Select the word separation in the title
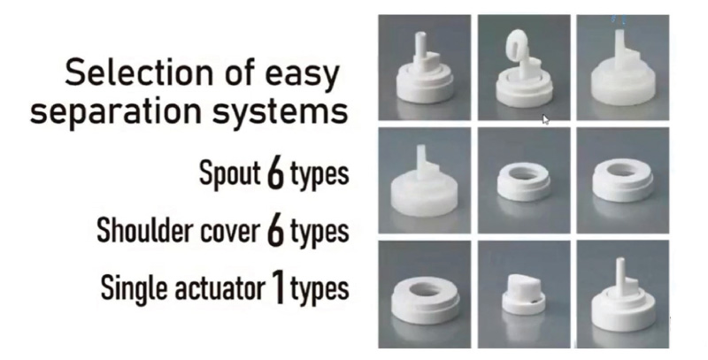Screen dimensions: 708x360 116,111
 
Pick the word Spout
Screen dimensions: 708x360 230,172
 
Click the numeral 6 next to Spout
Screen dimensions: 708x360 275,172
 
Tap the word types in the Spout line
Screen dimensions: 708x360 319,174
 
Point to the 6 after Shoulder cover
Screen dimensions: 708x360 275,231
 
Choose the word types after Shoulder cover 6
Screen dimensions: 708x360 319,233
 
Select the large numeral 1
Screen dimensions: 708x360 278,287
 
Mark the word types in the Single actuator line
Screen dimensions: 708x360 319,289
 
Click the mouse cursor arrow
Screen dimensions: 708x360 545,119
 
